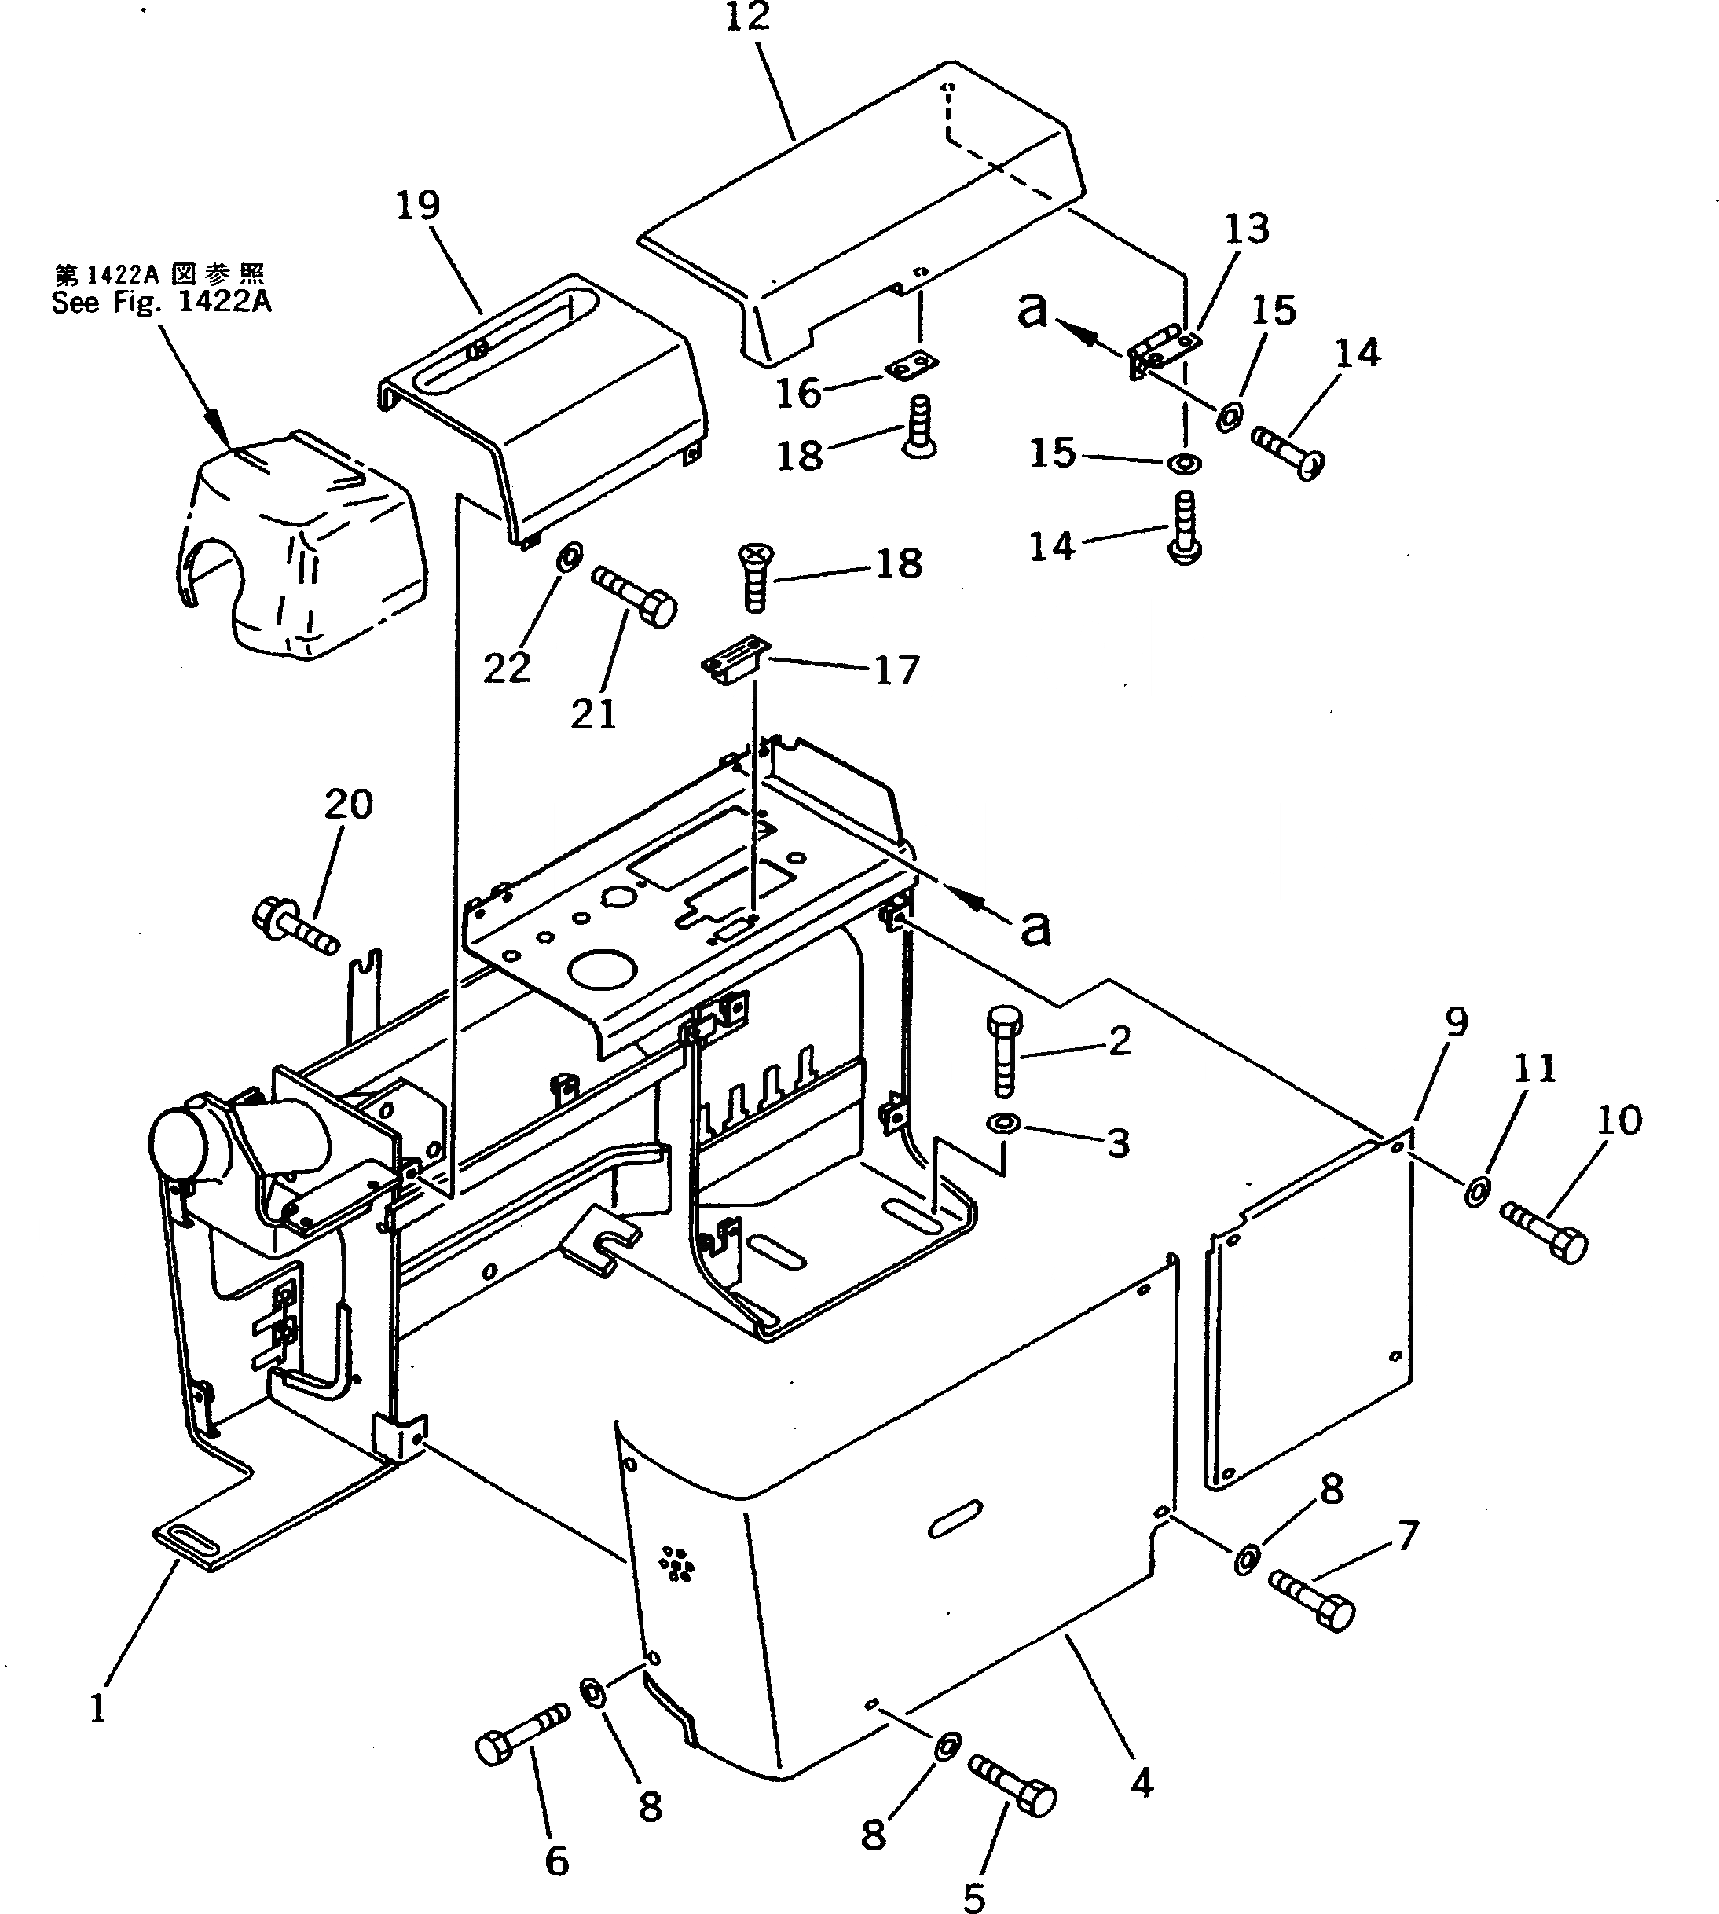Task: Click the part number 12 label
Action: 748,17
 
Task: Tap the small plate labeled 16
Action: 912,365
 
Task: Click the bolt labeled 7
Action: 1311,1596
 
